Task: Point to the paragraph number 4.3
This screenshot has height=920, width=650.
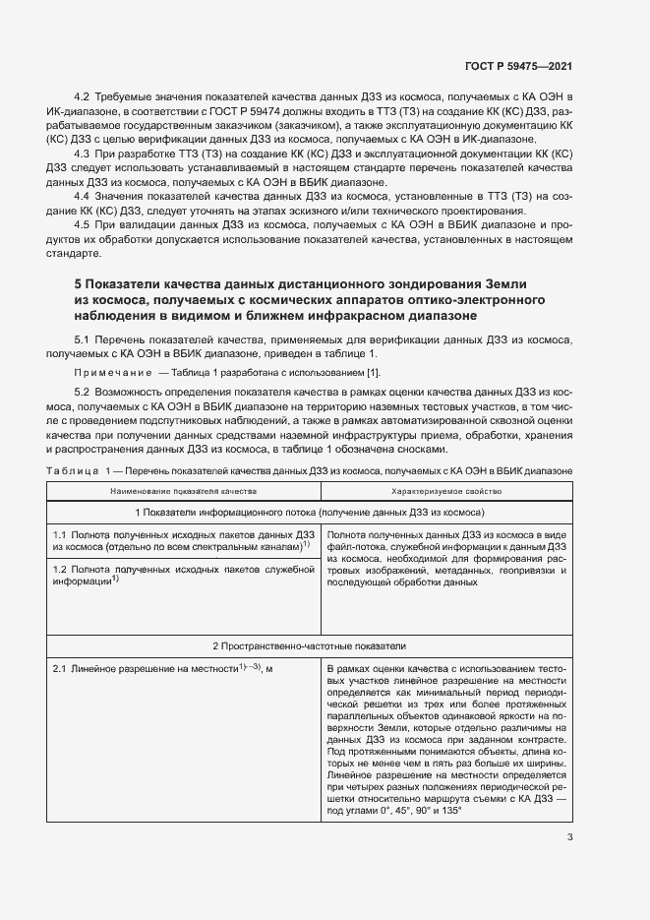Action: (x=82, y=154)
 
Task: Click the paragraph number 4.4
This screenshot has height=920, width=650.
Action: (x=82, y=196)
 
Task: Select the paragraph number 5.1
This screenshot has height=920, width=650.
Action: (x=82, y=338)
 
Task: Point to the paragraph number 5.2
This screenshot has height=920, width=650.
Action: (x=82, y=393)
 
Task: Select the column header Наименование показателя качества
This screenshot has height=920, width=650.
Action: (x=183, y=489)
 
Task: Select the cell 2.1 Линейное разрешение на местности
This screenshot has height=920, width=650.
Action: (x=161, y=670)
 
